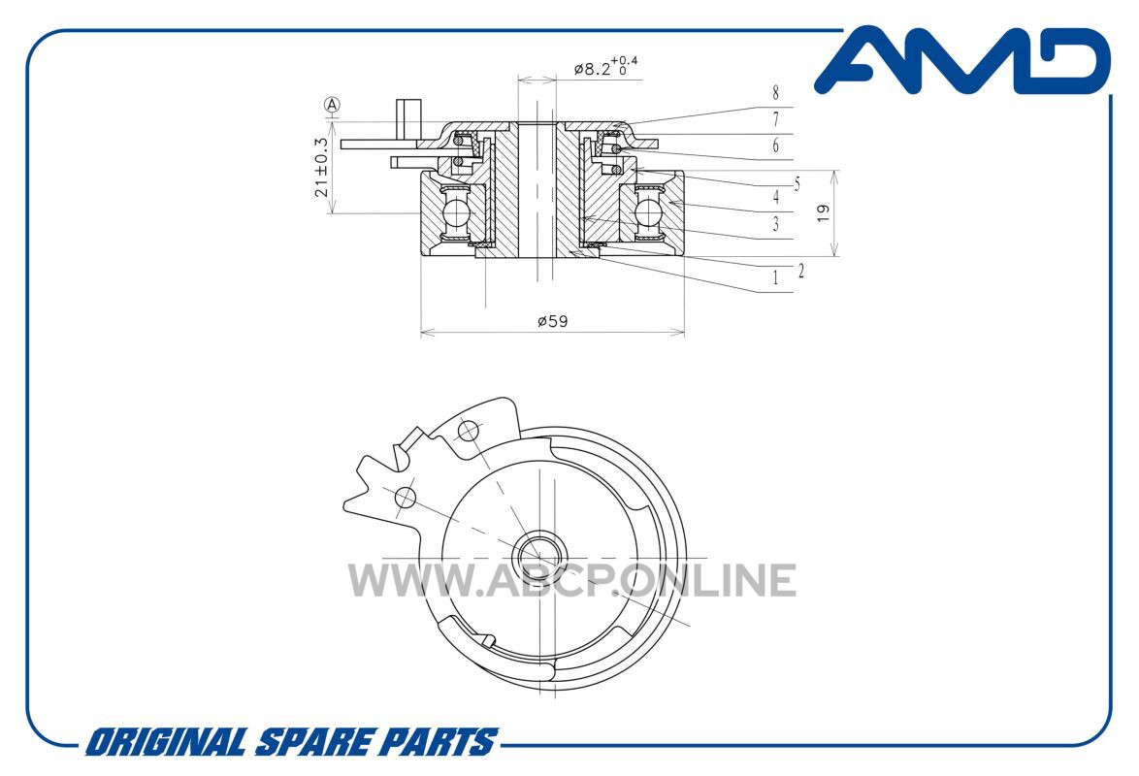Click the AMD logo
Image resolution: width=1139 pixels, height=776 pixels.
[x=962, y=61]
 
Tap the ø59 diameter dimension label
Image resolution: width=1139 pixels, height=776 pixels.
[x=552, y=320]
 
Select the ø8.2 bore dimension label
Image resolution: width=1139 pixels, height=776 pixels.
[x=605, y=68]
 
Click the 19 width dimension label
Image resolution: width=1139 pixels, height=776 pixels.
[x=823, y=212]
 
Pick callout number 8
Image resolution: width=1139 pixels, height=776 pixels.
[x=776, y=93]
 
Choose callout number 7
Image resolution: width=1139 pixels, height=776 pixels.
[x=776, y=119]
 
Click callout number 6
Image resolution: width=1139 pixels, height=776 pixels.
[x=776, y=146]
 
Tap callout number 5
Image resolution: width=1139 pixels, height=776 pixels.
[x=797, y=184]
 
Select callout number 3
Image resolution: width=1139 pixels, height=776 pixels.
[x=776, y=224]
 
